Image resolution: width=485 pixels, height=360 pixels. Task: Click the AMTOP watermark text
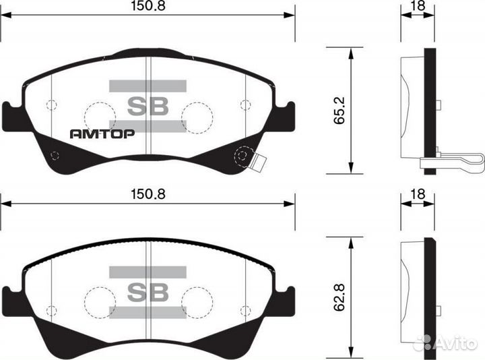pyautogui.click(x=102, y=133)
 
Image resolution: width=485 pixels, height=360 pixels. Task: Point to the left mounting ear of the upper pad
pyautogui.click(x=11, y=116)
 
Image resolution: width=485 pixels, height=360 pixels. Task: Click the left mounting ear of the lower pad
pyautogui.click(x=11, y=300)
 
